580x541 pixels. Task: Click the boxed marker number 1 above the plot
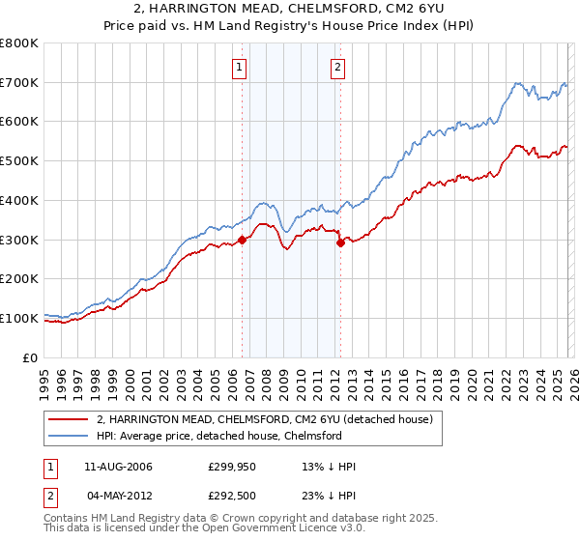coord(239,67)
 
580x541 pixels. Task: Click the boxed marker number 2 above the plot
coord(337,67)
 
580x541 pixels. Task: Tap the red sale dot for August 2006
coord(242,241)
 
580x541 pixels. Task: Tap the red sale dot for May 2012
coord(340,243)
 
